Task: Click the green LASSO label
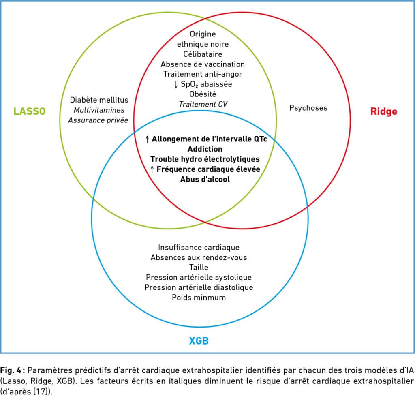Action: (x=29, y=111)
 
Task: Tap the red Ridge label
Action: (x=383, y=111)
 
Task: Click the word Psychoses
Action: (x=308, y=108)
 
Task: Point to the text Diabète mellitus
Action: (x=99, y=100)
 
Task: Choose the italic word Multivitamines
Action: (x=99, y=110)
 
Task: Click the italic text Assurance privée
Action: (x=98, y=120)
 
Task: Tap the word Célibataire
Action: (x=203, y=54)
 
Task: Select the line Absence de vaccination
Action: (x=203, y=64)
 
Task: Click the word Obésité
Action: (x=203, y=94)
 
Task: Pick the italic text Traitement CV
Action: (x=203, y=104)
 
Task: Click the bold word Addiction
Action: (x=205, y=149)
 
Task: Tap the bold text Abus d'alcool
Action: (x=205, y=179)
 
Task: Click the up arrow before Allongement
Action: (x=148, y=139)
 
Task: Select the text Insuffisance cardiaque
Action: (x=199, y=247)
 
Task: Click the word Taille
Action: (x=199, y=268)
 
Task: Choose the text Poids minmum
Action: (x=199, y=298)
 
